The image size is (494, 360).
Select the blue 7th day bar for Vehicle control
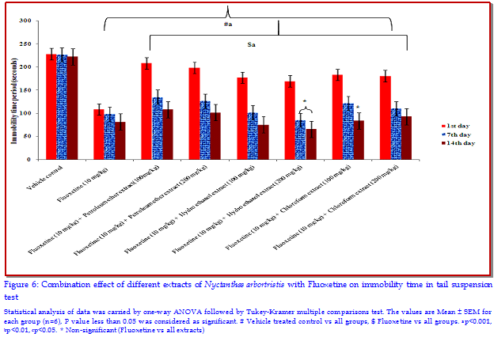(x=63, y=108)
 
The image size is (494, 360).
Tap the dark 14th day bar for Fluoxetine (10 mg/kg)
(x=119, y=141)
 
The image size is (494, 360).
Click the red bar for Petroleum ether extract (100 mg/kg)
(x=146, y=112)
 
